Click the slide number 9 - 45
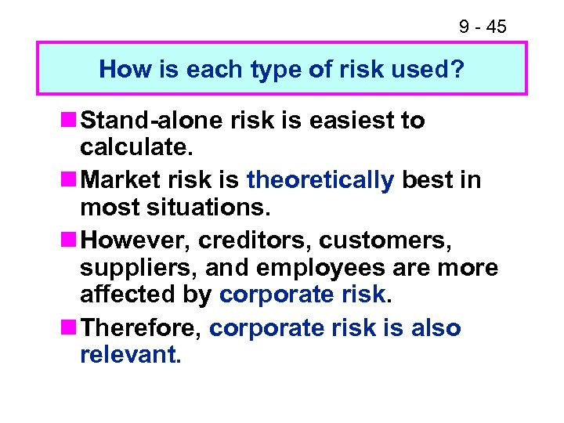(483, 27)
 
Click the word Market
(120, 179)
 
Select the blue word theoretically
(320, 180)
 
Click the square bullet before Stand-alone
(69, 121)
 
